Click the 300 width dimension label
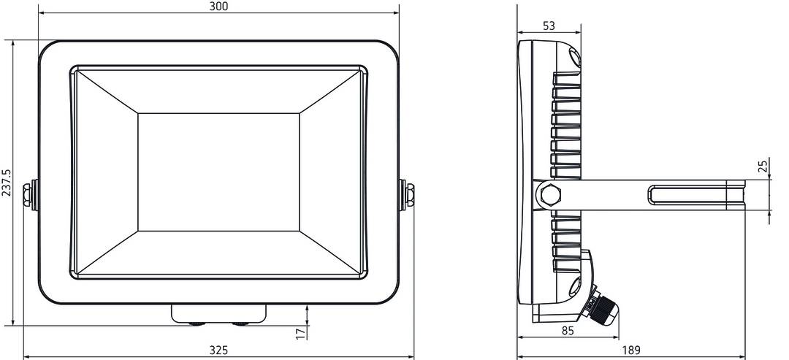pos(218,7)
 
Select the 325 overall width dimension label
pos(218,351)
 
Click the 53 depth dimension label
pos(549,26)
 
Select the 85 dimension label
pos(568,331)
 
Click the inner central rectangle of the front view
pos(218,172)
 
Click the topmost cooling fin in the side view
pos(568,77)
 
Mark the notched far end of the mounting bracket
pos(739,196)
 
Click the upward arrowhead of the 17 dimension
pos(308,307)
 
